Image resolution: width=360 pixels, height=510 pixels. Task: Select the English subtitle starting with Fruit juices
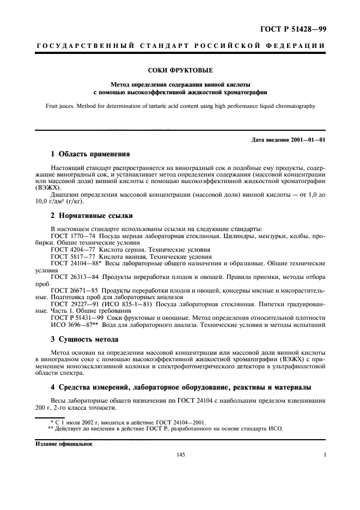click(180, 106)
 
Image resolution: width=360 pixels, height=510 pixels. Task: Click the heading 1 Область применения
click(90, 154)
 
